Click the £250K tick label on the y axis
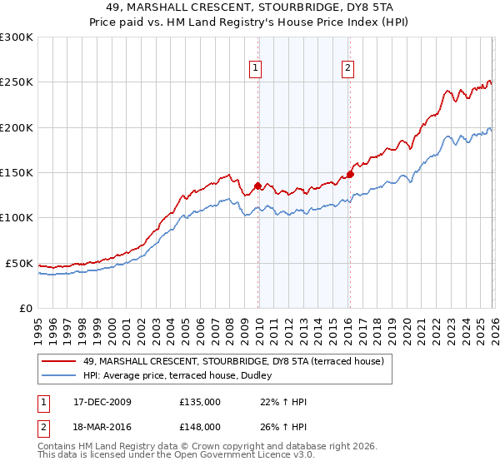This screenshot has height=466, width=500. tap(17, 82)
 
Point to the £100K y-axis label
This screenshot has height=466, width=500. tap(17, 218)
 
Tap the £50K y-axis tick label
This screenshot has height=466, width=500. tap(20, 263)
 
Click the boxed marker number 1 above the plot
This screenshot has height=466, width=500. tap(255, 69)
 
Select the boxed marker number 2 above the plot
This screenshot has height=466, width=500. tap(347, 69)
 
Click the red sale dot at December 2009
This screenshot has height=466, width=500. tap(258, 186)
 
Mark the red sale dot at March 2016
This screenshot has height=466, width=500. tap(351, 174)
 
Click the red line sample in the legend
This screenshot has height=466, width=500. tap(59, 361)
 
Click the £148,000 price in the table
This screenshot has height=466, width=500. tap(200, 426)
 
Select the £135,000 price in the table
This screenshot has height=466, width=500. tap(200, 402)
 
